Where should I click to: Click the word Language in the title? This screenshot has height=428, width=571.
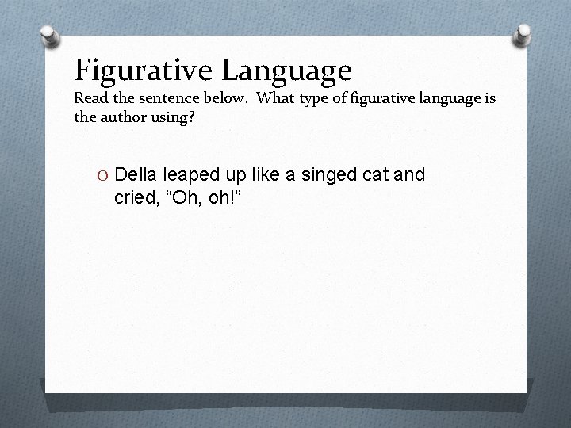coord(287,71)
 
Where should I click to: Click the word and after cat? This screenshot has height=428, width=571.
coord(409,174)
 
